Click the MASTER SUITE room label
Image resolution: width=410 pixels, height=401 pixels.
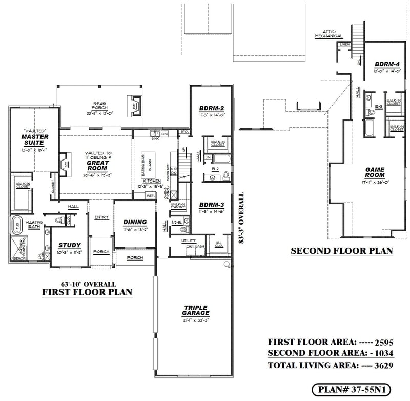click(x=35, y=140)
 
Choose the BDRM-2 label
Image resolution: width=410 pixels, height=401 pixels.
click(x=211, y=109)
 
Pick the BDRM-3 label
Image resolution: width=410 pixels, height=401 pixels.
click(x=211, y=204)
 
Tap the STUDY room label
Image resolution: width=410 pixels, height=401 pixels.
click(x=70, y=245)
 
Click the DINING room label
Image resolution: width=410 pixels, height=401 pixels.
click(x=135, y=222)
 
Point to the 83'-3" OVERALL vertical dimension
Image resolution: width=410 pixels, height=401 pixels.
click(x=240, y=218)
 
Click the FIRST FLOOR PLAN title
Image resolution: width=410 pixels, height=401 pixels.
click(x=87, y=293)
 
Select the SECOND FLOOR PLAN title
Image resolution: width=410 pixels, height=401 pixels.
click(x=341, y=251)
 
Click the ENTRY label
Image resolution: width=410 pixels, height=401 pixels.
click(x=101, y=217)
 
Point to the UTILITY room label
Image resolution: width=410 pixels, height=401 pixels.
click(x=189, y=240)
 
